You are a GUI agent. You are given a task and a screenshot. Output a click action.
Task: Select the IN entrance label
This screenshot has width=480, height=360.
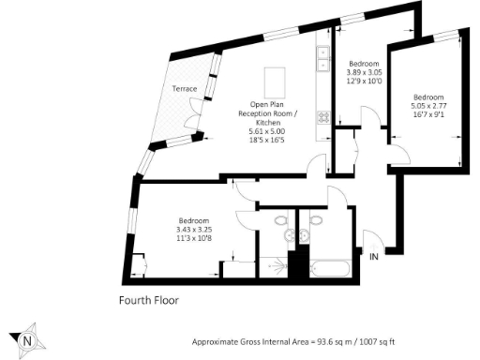(374, 256)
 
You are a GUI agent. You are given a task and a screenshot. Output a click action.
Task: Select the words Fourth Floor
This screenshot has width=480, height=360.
(148, 301)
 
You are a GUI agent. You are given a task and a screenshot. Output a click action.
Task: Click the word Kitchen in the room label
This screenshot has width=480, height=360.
(273, 121)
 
